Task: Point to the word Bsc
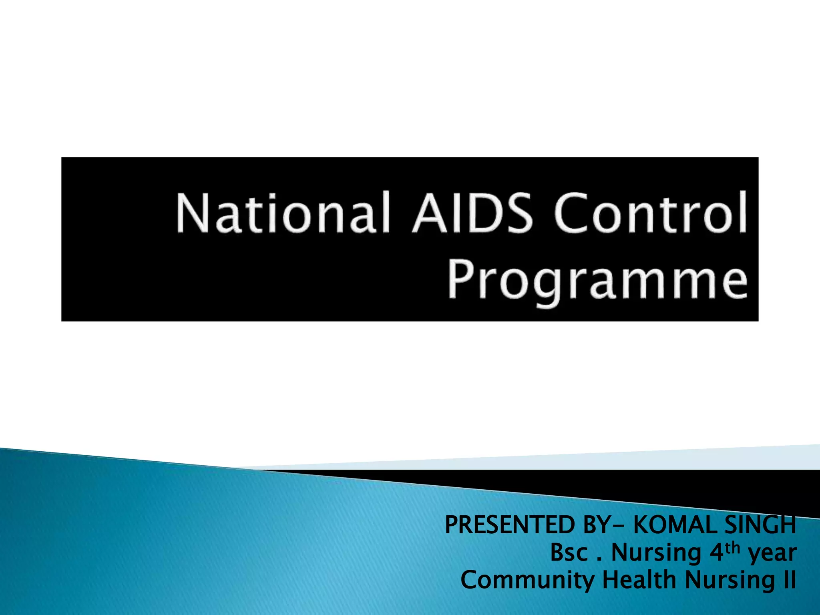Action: coord(569,553)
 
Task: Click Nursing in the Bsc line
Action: coord(657,554)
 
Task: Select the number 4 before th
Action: coord(717,553)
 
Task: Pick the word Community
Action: coord(527,581)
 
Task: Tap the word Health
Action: coord(639,580)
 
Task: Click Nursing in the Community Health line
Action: coord(730,581)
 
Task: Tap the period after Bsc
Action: coord(599,559)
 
